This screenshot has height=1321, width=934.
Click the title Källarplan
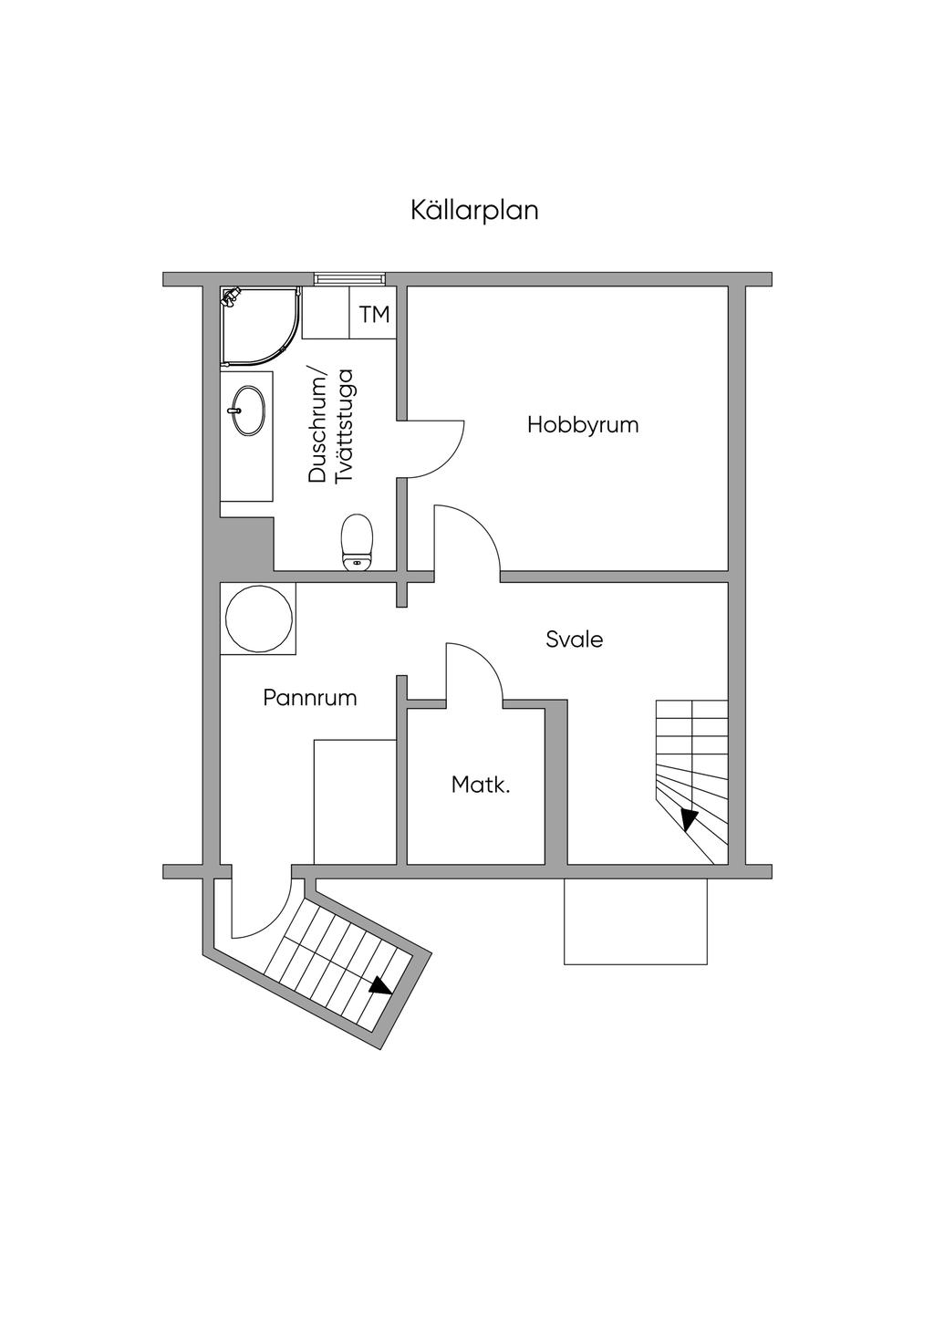pos(474,210)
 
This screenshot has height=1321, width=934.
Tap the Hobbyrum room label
pos(583,425)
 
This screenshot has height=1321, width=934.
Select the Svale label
pos(575,640)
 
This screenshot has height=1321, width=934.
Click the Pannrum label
pos(310,698)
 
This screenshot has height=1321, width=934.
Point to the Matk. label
pos(481,785)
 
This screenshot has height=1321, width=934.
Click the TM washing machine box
pos(374,315)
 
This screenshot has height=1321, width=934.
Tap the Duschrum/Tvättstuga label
pos(330,425)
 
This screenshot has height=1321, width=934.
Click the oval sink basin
pos(248,410)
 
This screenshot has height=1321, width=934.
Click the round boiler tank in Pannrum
pos(259,619)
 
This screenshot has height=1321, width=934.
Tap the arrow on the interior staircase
pos(690,819)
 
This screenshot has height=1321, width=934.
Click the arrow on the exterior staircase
pos(380,985)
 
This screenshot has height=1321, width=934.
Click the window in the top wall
pos(349,278)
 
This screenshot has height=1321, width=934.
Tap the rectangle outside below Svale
pos(636,921)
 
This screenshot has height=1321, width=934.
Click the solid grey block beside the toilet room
pos(246,545)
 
